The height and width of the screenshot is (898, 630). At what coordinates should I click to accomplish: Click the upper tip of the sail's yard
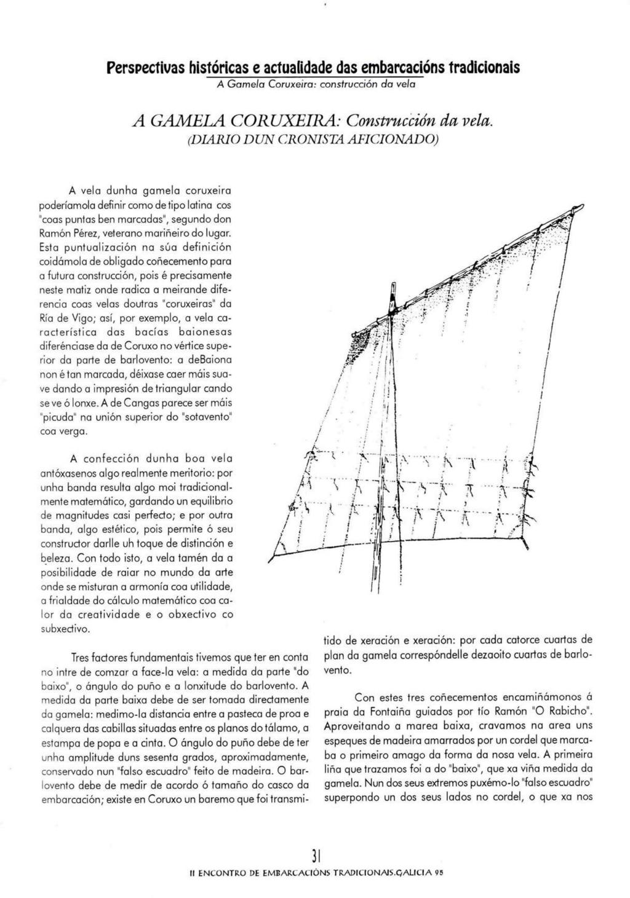[579, 207]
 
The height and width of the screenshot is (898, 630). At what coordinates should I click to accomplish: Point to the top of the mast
[391, 284]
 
